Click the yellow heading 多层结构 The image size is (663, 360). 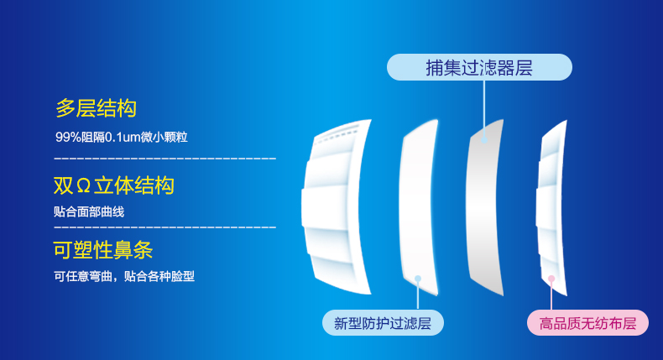click(96, 108)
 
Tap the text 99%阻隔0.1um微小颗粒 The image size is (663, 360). click(122, 137)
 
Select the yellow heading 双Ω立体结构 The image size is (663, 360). click(114, 185)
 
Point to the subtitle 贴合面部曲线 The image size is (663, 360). click(89, 211)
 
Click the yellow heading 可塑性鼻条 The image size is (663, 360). click(102, 249)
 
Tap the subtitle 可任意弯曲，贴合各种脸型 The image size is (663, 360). click(124, 276)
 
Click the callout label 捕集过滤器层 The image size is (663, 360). click(479, 67)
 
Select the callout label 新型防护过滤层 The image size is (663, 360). click(383, 323)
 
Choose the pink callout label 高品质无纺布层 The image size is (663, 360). click(587, 323)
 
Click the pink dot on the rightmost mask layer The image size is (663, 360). click(551, 279)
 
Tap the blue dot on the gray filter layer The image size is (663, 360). click(484, 139)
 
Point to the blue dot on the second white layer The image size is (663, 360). click(418, 279)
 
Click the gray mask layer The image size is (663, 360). click(484, 207)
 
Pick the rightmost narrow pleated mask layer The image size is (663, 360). click(551, 207)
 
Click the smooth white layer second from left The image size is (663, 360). click(419, 207)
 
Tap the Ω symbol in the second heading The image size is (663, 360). click(84, 186)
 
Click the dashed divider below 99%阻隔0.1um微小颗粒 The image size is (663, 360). click(164, 159)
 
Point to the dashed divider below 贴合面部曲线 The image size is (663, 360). click(164, 227)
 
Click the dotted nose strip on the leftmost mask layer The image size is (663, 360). click(337, 133)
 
